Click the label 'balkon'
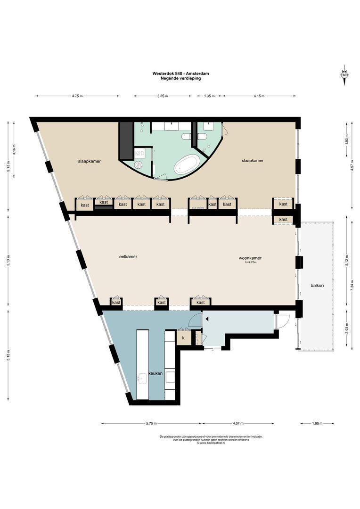point(317,286)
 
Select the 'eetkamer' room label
point(128,257)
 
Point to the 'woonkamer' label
point(250,258)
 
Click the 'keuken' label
point(156,373)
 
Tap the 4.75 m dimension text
point(77,96)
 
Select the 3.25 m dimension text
point(162,96)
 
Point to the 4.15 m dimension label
point(259,96)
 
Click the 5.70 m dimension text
point(151,423)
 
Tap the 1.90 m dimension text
point(317,423)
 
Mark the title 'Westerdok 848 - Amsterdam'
point(180,74)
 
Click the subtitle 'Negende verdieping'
point(180,78)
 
